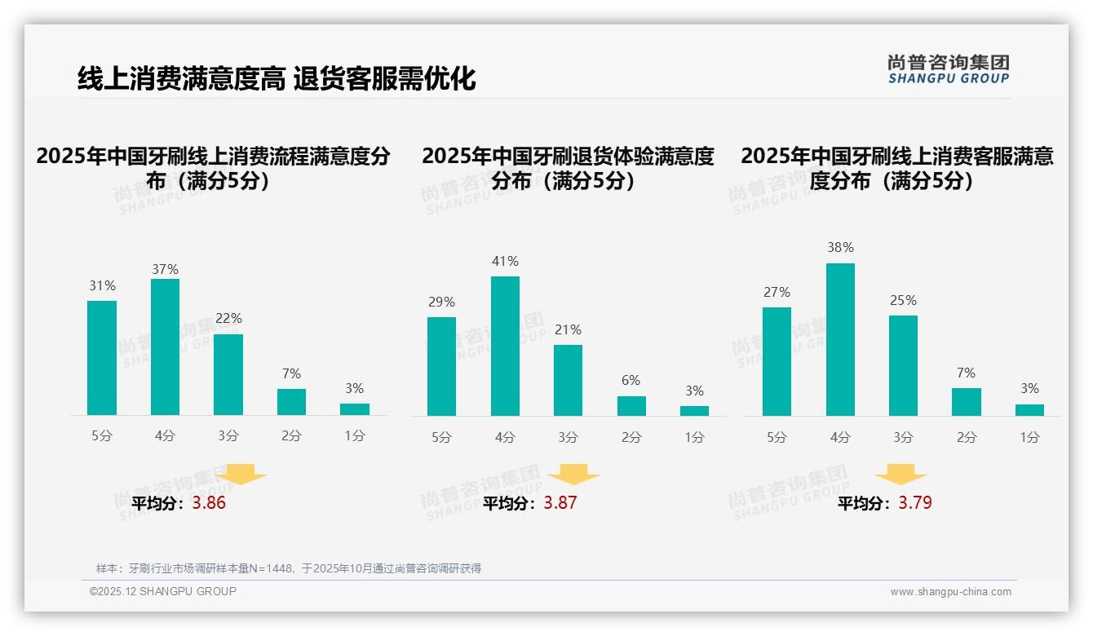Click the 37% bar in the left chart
[x=165, y=347]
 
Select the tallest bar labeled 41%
[x=505, y=347]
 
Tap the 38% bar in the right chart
[x=840, y=340]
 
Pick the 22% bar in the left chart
[x=228, y=375]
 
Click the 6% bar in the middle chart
[x=631, y=406]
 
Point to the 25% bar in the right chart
[x=903, y=366]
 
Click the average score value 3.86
[x=209, y=503]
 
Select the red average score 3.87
[x=560, y=503]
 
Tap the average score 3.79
[x=915, y=503]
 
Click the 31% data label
[x=102, y=286]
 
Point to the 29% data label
[x=441, y=303]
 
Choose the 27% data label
[x=777, y=293]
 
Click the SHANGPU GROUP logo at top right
[x=948, y=69]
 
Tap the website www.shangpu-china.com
[x=950, y=592]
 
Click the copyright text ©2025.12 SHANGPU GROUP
[x=163, y=591]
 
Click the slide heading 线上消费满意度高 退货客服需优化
[x=277, y=79]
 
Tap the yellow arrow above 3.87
[x=573, y=475]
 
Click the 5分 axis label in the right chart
[x=777, y=438]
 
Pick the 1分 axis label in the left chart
[x=355, y=436]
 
